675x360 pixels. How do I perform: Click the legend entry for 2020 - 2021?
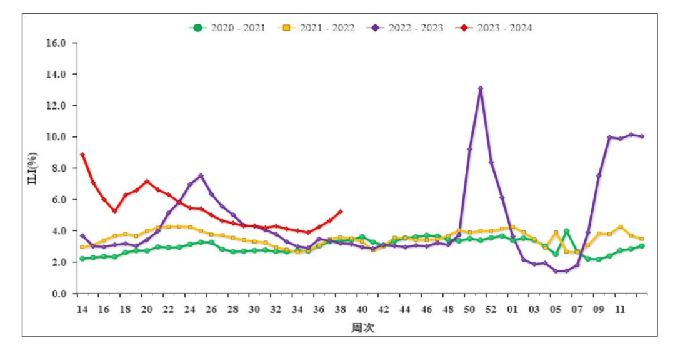point(227,28)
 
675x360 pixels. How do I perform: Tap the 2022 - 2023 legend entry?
point(405,28)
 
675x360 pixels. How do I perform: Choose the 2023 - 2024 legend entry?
point(494,28)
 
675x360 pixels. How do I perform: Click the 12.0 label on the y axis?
point(56,106)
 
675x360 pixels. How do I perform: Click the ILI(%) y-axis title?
point(32,168)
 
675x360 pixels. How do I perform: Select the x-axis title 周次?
point(363,328)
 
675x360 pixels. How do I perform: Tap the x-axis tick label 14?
point(82,309)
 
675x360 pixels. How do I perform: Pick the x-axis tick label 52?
point(491,309)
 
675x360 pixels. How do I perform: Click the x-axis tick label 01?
point(512,309)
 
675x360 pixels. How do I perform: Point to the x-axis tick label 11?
point(620,309)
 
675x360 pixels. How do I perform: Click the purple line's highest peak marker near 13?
point(481,88)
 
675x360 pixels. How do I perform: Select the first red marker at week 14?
point(82,155)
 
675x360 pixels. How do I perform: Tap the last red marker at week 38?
point(341,212)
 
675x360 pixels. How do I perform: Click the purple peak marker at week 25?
point(201,176)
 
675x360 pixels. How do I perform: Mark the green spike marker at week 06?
point(566,231)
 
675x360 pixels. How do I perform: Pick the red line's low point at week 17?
point(114,211)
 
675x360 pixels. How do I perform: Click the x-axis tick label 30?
point(254,309)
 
